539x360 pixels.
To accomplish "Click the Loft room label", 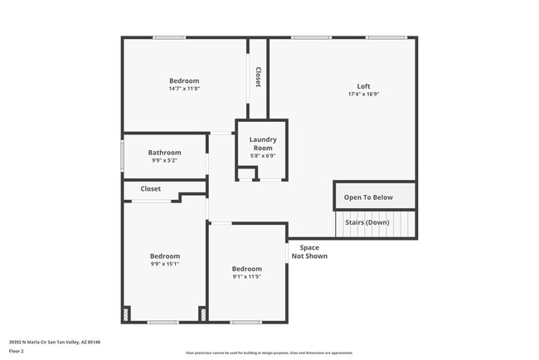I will [363, 86].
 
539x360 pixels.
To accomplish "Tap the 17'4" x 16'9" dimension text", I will [363, 95].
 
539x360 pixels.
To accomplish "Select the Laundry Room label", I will [262, 144].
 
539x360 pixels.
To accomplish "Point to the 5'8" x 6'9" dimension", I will [262, 155].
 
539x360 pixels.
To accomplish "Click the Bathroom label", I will [164, 153].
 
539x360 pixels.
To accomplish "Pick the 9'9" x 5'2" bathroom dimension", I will [164, 160].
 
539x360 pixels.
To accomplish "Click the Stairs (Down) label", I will [367, 222].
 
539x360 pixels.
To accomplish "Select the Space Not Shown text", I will [309, 252].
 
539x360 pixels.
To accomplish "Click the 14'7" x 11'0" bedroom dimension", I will [184, 89].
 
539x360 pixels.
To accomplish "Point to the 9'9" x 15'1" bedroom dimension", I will [164, 264].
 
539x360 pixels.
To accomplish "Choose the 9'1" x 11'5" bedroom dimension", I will [246, 276].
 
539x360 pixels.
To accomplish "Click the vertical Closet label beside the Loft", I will [258, 77].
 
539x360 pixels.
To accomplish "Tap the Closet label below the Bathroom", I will [150, 189].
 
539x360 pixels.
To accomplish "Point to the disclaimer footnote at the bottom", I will [269, 353].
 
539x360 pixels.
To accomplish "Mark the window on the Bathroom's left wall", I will [123, 155].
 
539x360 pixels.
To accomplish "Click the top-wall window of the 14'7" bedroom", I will [169, 37].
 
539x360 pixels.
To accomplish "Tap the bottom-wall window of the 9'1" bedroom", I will [246, 322].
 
